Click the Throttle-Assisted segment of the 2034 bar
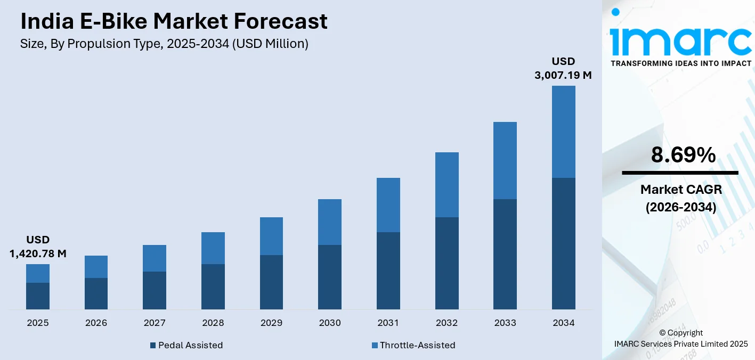click(x=563, y=132)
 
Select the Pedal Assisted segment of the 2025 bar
click(x=38, y=296)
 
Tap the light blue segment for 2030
click(x=330, y=222)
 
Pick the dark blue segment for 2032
click(x=446, y=263)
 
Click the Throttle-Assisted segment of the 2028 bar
click(x=213, y=248)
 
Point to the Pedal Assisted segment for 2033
click(x=505, y=254)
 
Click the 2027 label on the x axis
click(x=155, y=323)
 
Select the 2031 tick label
click(x=388, y=323)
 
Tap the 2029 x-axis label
click(x=271, y=323)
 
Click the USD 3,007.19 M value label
click(x=563, y=68)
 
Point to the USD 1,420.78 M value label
click(x=38, y=247)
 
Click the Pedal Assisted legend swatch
click(x=153, y=345)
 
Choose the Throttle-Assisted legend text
click(x=417, y=345)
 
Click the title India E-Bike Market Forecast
click(x=174, y=21)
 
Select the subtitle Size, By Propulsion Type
click(x=164, y=44)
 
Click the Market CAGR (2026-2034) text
click(x=680, y=198)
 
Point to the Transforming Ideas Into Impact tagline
click(x=680, y=63)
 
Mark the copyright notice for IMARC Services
click(x=680, y=338)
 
